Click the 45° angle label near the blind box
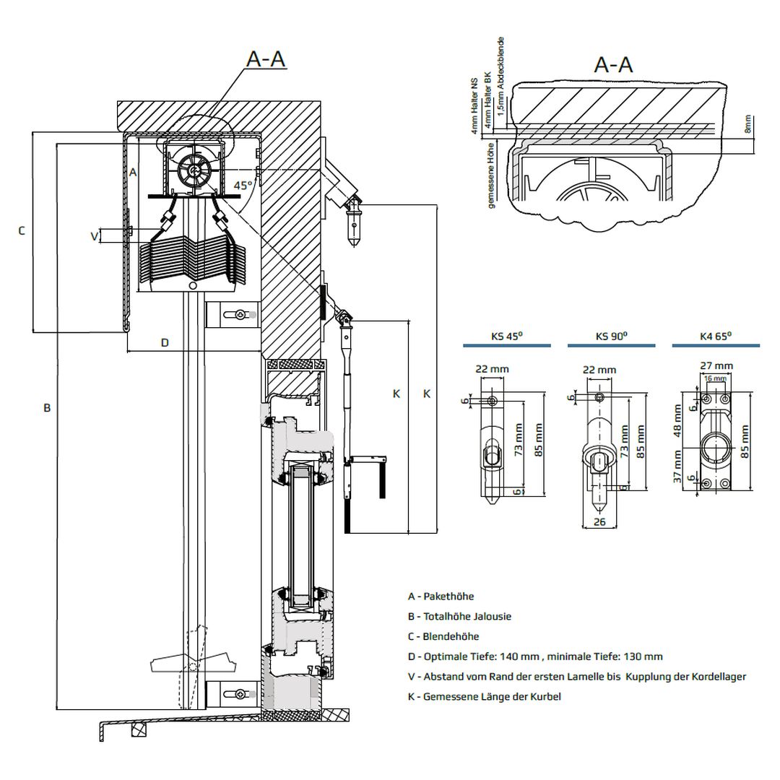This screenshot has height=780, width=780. tap(243, 185)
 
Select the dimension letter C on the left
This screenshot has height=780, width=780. tap(22, 230)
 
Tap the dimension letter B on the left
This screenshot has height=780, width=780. tap(47, 408)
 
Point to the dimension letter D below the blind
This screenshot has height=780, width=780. tap(165, 342)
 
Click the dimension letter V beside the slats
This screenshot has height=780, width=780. tap(93, 235)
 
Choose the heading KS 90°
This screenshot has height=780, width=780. tap(611, 336)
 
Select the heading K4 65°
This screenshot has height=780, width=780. tap(716, 336)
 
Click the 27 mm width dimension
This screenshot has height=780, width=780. tap(717, 366)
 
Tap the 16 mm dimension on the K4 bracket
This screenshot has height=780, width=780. tap(715, 378)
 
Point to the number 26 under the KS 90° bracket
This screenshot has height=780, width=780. tap(599, 522)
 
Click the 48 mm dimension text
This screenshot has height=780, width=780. tap(678, 422)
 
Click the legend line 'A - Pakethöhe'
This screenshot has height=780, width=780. tap(441, 597)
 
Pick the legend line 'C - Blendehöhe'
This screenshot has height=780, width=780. tap(443, 636)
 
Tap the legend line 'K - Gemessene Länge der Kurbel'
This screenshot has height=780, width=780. tap(484, 696)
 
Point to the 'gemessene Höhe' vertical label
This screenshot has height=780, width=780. tap(492, 175)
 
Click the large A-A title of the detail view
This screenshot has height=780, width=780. tap(613, 65)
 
